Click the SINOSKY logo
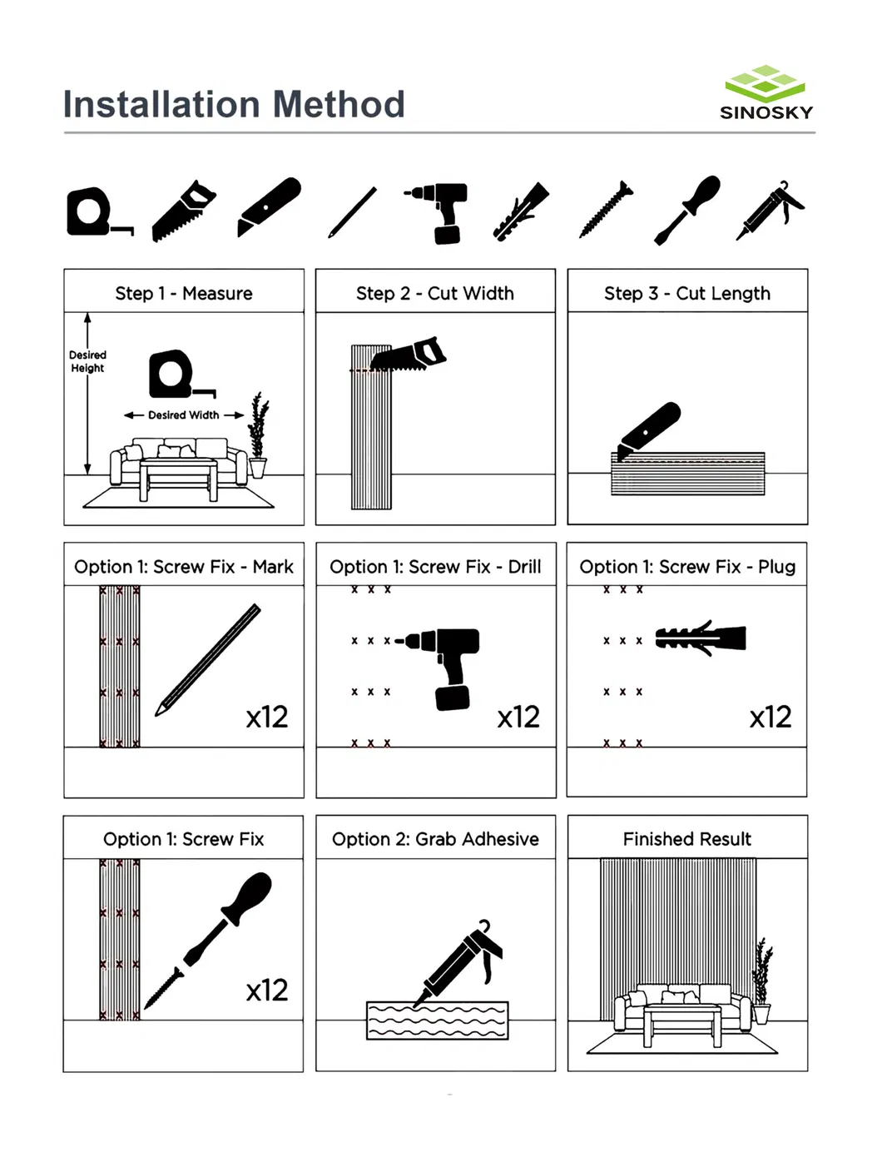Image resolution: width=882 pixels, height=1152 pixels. (766, 93)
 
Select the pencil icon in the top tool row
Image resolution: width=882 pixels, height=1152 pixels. (352, 213)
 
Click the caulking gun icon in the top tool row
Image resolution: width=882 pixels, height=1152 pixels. (770, 211)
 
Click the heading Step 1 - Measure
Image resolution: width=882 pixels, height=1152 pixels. (183, 293)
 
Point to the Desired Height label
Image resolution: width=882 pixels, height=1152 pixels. (87, 361)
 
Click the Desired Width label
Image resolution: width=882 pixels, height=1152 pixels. (183, 415)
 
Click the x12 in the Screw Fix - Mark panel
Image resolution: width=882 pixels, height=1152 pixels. (266, 717)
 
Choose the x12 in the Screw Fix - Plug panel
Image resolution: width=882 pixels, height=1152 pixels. (770, 717)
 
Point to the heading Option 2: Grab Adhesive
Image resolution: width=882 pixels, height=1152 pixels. (435, 839)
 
